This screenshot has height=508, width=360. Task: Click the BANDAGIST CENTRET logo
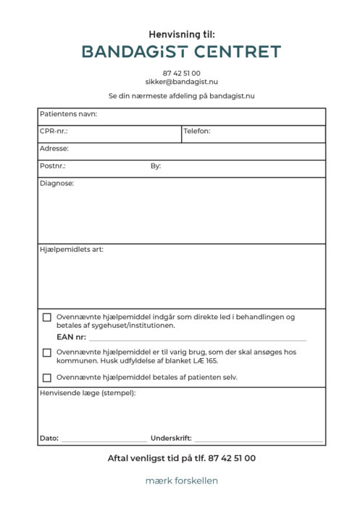[x=181, y=51]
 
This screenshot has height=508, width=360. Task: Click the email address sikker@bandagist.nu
[x=181, y=82]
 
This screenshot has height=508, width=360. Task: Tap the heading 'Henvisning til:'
[x=182, y=34]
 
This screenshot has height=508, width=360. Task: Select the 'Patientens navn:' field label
[x=68, y=114]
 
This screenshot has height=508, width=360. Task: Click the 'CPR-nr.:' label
[x=54, y=132]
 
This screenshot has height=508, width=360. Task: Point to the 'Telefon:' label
[x=197, y=132]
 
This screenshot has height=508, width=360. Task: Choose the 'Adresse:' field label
[x=54, y=148]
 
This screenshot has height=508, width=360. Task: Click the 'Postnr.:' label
[x=53, y=166]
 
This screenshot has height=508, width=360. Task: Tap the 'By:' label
[x=156, y=166]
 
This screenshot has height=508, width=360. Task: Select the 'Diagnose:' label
[x=56, y=184]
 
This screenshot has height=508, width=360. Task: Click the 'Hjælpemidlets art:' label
[x=72, y=250]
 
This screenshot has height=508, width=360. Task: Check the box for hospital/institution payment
[x=47, y=317]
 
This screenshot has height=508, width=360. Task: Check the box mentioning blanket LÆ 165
[x=47, y=352]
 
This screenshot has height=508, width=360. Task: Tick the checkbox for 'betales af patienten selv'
[x=47, y=377]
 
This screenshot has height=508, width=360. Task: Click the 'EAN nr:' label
[x=71, y=337]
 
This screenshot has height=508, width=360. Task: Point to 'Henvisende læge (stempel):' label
[x=88, y=393]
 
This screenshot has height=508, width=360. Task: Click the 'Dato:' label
[x=49, y=439]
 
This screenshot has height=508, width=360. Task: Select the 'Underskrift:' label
[x=171, y=439]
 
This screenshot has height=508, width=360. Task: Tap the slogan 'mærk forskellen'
[x=181, y=481]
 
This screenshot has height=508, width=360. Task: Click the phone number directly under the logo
[x=181, y=73]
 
